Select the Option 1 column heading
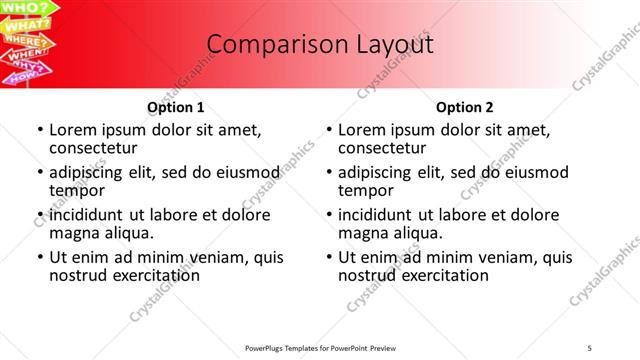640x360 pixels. [176, 107]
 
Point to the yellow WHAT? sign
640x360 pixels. [26, 26]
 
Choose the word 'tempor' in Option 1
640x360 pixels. [77, 190]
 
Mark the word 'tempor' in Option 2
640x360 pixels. [366, 190]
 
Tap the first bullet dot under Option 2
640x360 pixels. [329, 131]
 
